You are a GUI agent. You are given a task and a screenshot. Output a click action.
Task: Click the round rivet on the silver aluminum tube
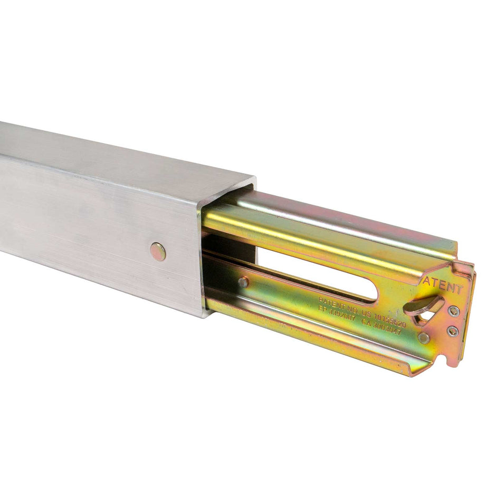157,252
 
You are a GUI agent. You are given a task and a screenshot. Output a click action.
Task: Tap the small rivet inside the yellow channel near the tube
243,283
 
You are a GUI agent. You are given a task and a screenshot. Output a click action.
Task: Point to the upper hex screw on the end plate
453,311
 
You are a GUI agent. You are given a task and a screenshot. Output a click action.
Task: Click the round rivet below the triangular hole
423,338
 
